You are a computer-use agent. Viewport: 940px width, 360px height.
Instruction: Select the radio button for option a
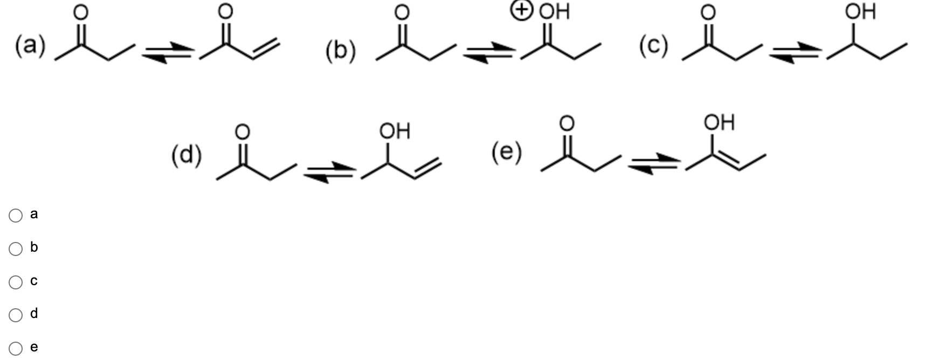tap(16, 216)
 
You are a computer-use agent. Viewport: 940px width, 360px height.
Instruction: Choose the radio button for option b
tap(16, 248)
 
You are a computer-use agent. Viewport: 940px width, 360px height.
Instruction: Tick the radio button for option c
tap(16, 282)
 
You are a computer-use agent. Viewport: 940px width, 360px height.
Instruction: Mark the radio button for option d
tap(16, 315)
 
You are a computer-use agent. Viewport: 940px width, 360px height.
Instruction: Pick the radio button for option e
tap(16, 348)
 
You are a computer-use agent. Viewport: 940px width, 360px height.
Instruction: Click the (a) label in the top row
tap(30, 45)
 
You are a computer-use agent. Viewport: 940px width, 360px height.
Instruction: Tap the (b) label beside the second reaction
tap(341, 52)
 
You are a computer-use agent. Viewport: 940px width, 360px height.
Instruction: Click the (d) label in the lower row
tap(186, 155)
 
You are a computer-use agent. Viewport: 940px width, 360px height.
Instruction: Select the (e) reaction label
tap(507, 152)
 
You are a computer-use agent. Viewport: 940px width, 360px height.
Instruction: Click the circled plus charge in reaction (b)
tap(522, 10)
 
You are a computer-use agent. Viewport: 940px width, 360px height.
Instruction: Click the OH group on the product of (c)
tap(860, 11)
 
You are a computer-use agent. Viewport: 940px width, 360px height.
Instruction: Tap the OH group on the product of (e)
tap(719, 122)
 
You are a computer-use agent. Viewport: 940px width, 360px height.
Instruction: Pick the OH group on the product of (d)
tap(395, 130)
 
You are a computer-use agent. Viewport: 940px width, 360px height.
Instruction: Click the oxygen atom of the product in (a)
tap(225, 10)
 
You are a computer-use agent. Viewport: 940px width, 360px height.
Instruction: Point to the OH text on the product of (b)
tap(554, 11)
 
